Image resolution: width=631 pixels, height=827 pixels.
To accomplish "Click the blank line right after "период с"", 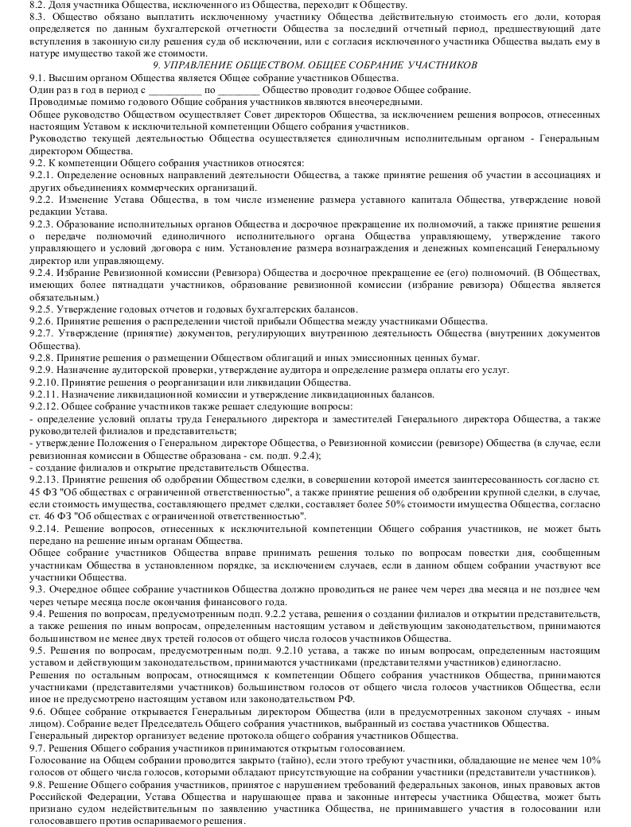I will [x=174, y=90].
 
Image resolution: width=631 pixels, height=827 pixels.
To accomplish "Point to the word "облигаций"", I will [x=286, y=357].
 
